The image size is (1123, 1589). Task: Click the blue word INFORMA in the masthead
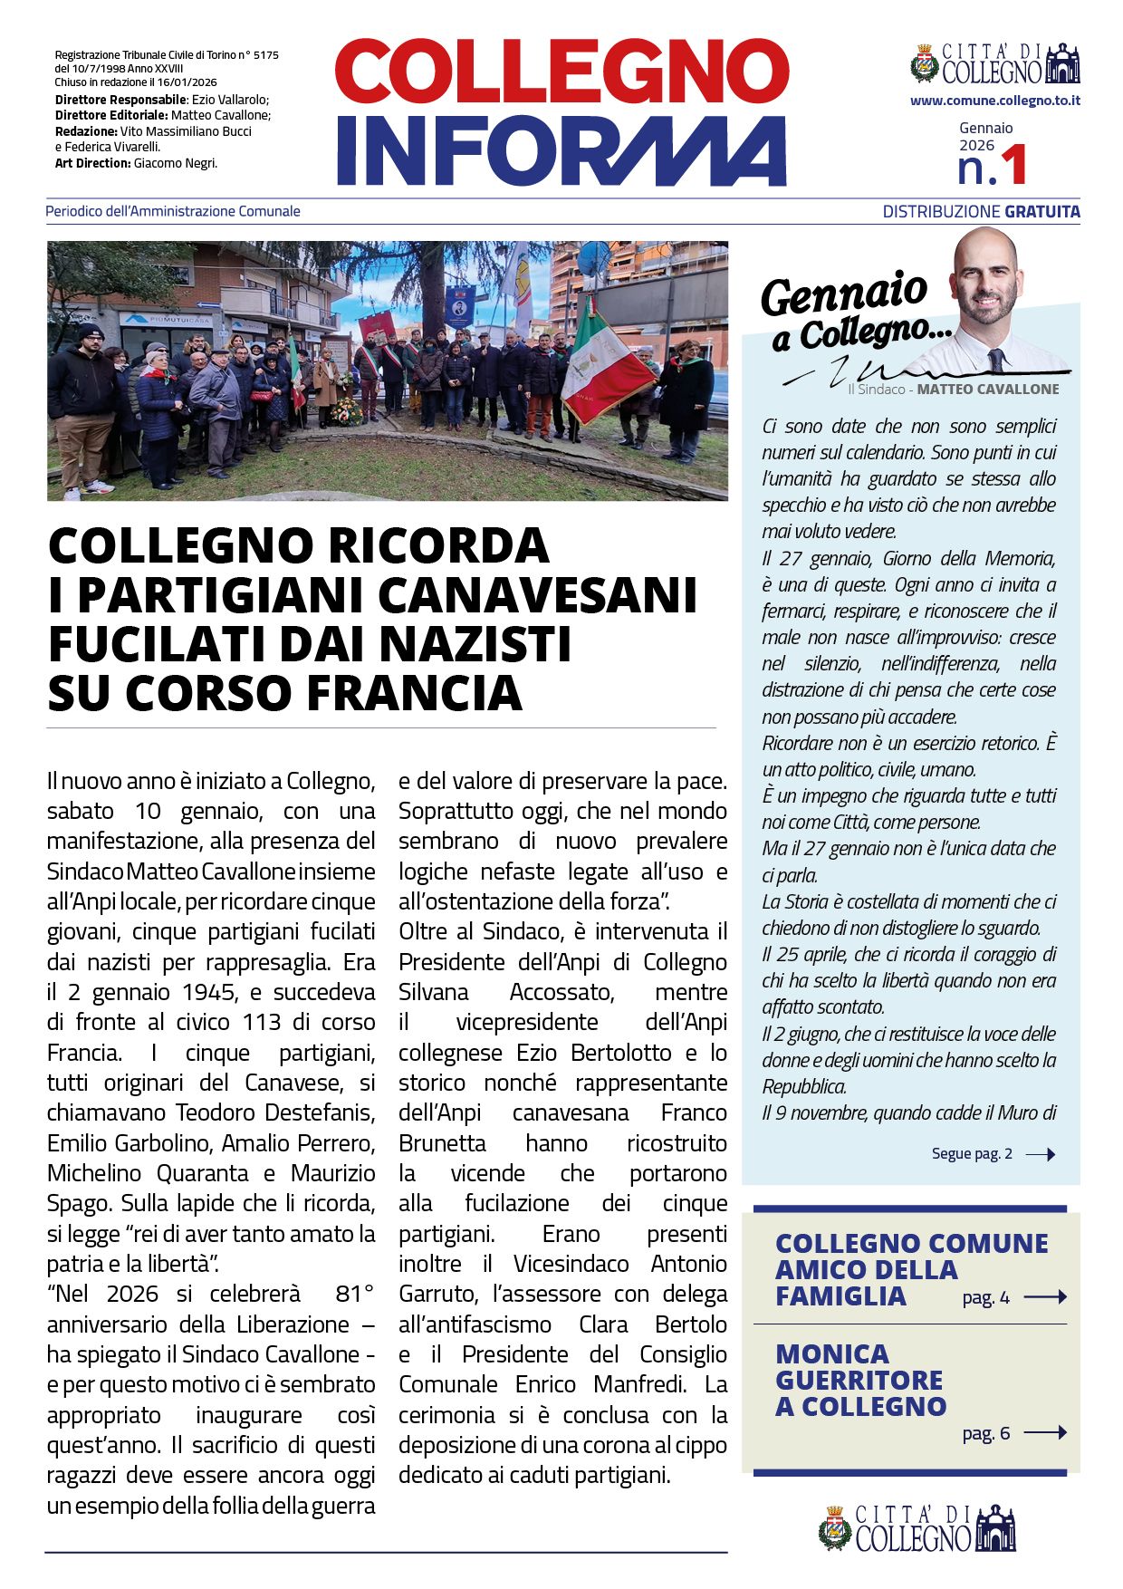(x=561, y=150)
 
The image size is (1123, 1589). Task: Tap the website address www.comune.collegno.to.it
(x=994, y=101)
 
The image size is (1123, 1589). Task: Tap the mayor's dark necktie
(x=995, y=360)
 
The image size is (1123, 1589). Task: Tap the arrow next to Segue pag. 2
(x=1040, y=1154)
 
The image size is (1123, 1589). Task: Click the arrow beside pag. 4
(x=1045, y=1297)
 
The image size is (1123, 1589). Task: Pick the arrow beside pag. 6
(x=1045, y=1432)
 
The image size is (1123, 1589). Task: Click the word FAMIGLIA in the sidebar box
(x=840, y=1296)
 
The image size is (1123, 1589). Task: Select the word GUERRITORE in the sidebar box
(x=859, y=1380)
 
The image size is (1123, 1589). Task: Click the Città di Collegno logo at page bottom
(x=916, y=1528)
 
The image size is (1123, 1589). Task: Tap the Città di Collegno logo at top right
(x=994, y=64)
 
